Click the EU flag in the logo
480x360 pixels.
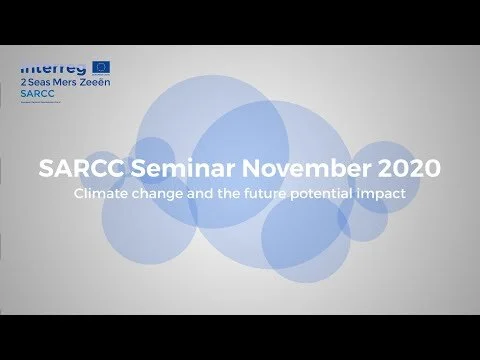tap(101, 66)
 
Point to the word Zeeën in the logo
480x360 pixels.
tap(97, 83)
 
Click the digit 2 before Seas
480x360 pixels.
tap(23, 83)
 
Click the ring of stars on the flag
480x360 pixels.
tap(101, 66)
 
